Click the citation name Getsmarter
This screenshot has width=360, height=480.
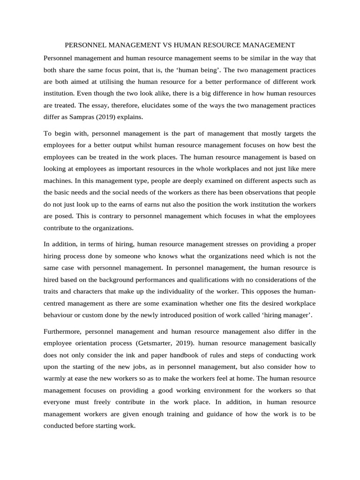point(147,343)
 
